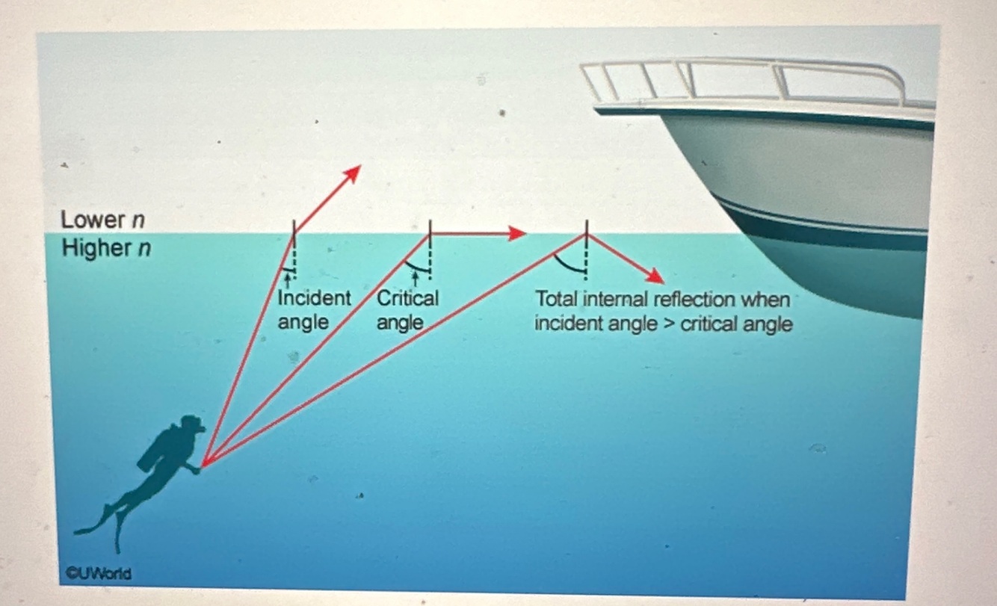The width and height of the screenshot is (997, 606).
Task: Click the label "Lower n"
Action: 102,220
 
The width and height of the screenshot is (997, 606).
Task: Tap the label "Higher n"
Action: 105,248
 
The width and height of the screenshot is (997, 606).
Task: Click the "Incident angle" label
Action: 313,309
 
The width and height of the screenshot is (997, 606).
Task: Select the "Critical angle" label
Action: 407,309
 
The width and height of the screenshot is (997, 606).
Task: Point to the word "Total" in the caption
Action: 556,300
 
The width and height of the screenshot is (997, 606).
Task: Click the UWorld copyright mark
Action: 96,574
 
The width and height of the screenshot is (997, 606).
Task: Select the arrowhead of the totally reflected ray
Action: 655,277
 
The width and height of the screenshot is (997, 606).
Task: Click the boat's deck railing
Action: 747,79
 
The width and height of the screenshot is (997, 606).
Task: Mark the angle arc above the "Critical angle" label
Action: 418,267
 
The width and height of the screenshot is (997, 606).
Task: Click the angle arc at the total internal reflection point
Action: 567,264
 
